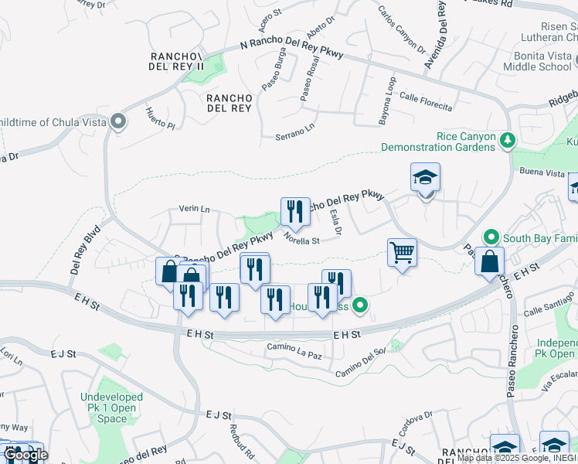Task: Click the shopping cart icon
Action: pos(402,251)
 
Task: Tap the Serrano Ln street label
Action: pos(295,132)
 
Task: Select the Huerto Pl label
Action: pos(160,118)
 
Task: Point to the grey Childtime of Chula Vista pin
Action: pos(118,122)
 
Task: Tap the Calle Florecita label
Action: pos(426,99)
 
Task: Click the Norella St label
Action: pos(301,240)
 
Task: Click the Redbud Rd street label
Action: pos(236,439)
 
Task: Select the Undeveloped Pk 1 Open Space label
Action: pos(112,408)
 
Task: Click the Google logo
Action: pos(25,455)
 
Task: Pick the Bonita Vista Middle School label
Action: pos(542,61)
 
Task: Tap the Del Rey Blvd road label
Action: pos(87,244)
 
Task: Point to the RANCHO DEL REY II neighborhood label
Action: pos(177,61)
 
